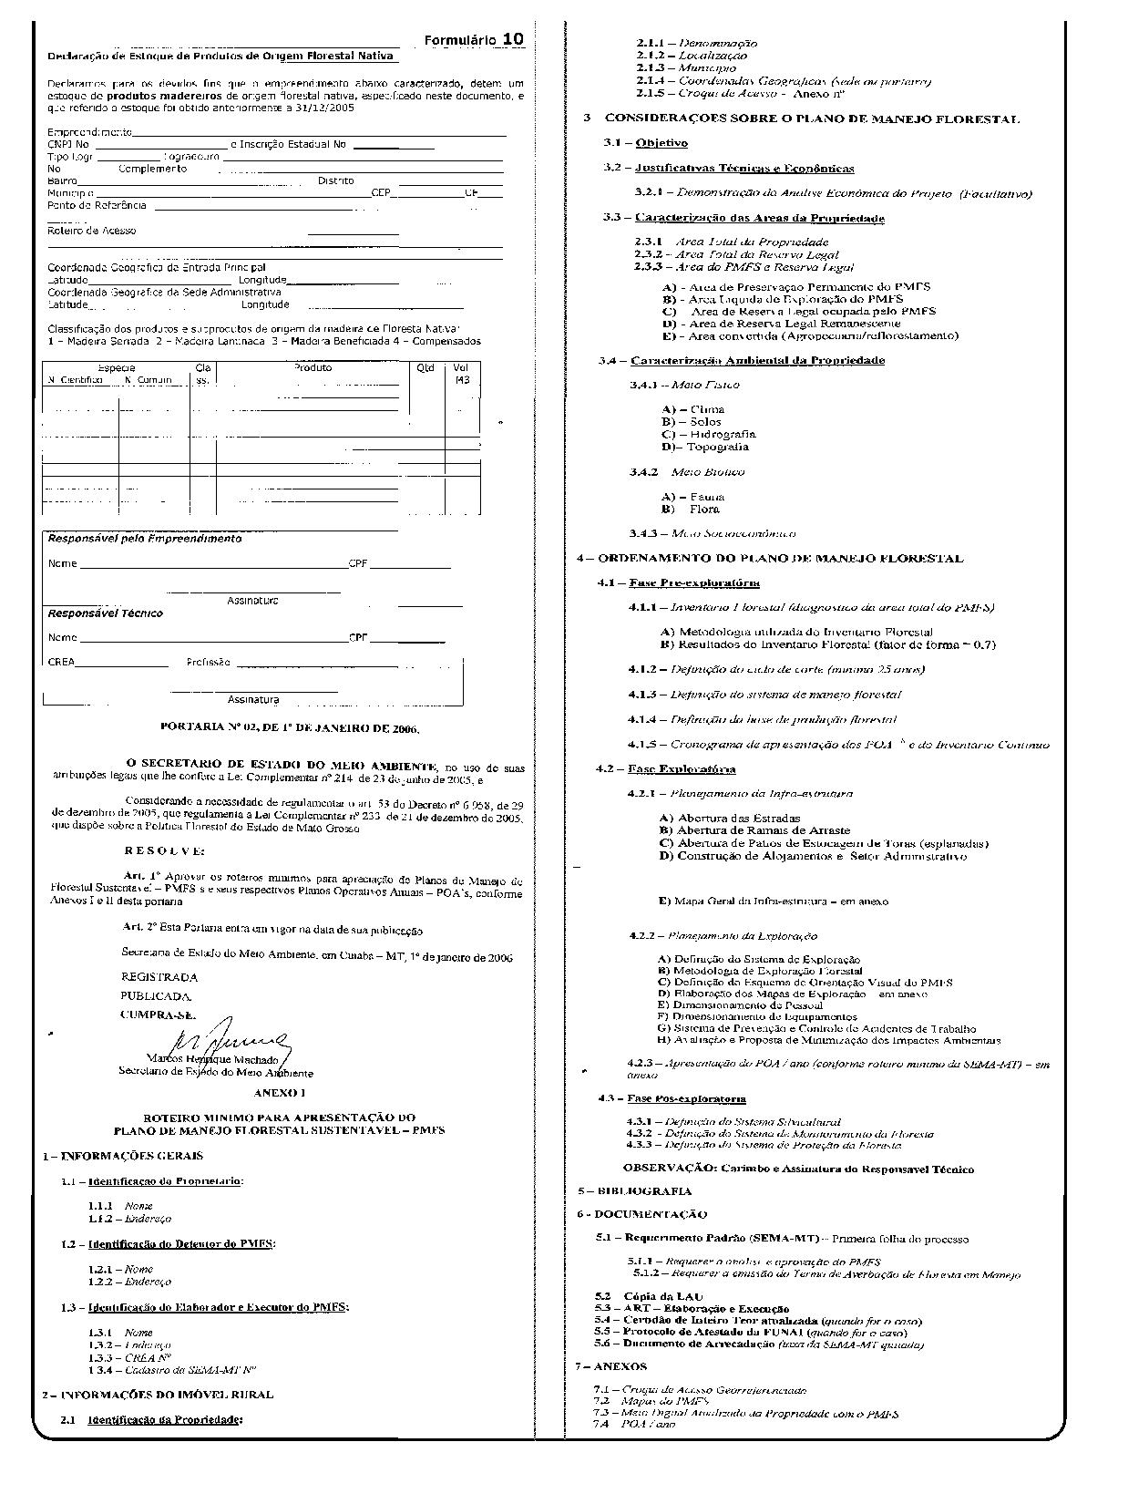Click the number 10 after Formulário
coord(513,39)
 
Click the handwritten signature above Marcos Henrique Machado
coord(231,1036)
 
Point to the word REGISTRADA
coord(159,977)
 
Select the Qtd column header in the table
coord(426,368)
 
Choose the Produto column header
coord(313,368)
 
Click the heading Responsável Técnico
coord(105,613)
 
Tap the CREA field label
coord(61,663)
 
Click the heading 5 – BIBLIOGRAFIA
coord(634,1190)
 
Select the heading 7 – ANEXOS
coord(610,1366)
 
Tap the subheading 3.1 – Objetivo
coord(645,143)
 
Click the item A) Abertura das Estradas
coord(729,818)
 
